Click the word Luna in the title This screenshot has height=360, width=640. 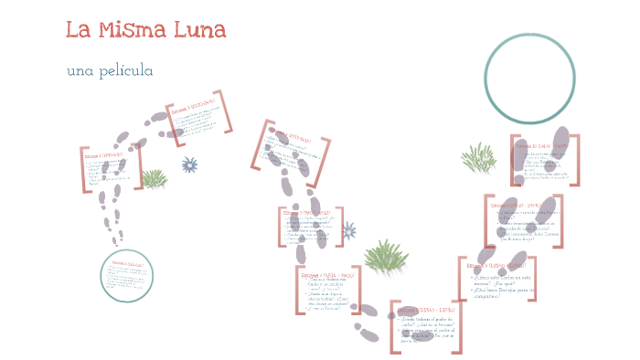[200, 30]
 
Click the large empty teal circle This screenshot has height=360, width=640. [529, 79]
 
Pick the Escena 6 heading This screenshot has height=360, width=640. [325, 271]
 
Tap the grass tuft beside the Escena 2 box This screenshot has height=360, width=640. [154, 178]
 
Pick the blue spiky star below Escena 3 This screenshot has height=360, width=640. [189, 164]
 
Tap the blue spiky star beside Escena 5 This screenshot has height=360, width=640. [348, 230]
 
